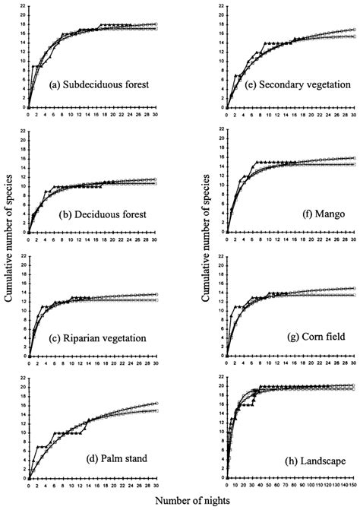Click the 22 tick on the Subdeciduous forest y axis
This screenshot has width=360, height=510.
[23, 8]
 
